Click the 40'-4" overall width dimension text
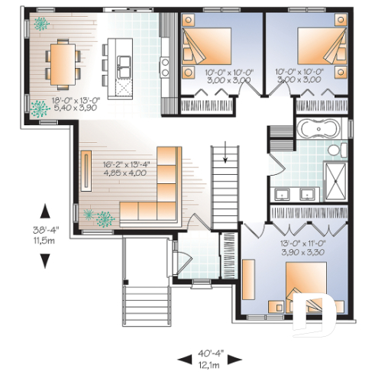204,353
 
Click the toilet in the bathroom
337,153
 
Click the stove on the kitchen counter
164,62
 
